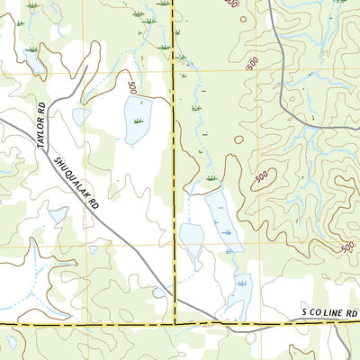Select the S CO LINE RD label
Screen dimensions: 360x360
click(x=329, y=312)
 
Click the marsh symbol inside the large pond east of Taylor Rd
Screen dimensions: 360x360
click(x=138, y=120)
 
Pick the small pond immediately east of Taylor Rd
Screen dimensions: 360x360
click(x=81, y=116)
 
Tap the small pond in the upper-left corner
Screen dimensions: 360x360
click(x=35, y=62)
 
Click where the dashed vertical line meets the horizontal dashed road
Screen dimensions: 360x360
click(x=174, y=321)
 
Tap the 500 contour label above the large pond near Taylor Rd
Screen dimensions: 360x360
click(x=132, y=87)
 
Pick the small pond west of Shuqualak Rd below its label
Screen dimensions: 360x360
click(x=58, y=214)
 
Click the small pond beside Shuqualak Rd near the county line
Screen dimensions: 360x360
click(x=159, y=292)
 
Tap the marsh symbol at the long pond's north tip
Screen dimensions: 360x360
click(x=212, y=180)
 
